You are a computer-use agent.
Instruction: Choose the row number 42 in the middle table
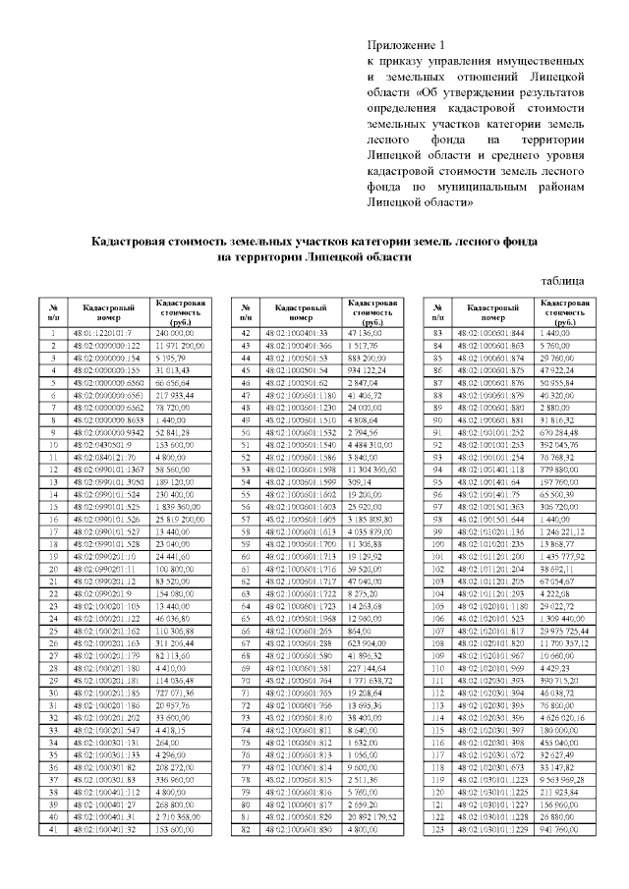[x=244, y=334]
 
